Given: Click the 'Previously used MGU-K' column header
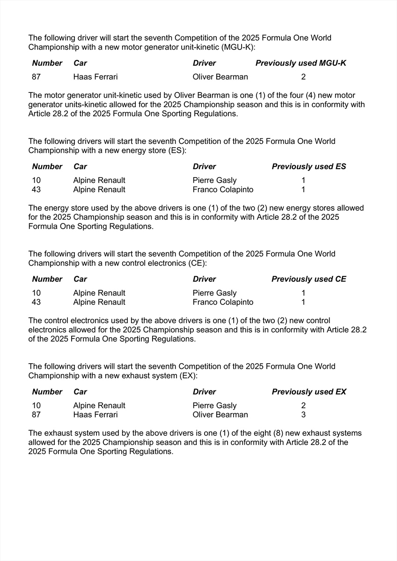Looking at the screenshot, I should [x=301, y=63].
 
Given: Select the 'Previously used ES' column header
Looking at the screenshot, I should [x=309, y=166].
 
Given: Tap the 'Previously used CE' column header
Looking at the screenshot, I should [x=309, y=279].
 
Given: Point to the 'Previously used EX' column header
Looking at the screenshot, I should [x=309, y=392].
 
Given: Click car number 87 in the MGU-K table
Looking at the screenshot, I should [x=37, y=77].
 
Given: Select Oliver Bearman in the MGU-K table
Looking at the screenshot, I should [x=220, y=77].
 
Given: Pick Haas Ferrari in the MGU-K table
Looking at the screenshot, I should [x=96, y=77].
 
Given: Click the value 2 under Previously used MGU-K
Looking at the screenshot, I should [x=303, y=77].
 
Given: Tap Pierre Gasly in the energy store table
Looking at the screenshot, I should [x=214, y=180].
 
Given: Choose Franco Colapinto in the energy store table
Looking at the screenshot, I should [x=223, y=189].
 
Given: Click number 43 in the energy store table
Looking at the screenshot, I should [x=37, y=189].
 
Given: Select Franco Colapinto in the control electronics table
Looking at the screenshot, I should [x=223, y=302].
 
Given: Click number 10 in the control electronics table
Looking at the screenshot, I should [x=37, y=293].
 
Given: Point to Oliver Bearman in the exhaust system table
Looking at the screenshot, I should [x=220, y=415].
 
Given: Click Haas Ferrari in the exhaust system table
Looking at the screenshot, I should [x=96, y=415].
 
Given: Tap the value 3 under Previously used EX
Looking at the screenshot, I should [x=303, y=415].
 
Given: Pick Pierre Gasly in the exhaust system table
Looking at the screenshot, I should [x=214, y=406].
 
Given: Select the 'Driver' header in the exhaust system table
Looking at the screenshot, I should [x=204, y=392].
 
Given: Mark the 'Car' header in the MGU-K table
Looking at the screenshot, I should [x=80, y=63].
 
